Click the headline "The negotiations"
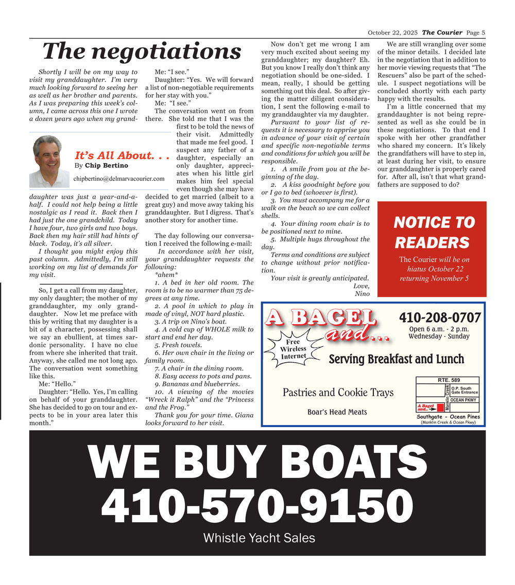[x=142, y=51]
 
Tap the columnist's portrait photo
[x=50, y=159]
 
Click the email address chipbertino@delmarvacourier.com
[x=119, y=179]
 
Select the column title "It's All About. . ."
[x=122, y=155]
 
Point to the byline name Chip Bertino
[x=107, y=166]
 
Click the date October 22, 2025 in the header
[x=392, y=33]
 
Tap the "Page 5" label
[x=476, y=33]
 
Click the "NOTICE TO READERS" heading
[x=434, y=233]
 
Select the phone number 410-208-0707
[x=440, y=317]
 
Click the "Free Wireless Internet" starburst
[x=293, y=349]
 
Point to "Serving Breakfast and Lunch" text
[x=396, y=359]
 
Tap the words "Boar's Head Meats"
[x=337, y=412]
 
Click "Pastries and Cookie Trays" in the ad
[x=338, y=393]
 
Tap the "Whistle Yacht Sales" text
[x=259, y=538]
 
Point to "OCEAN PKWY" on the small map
[x=463, y=400]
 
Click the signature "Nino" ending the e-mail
[x=362, y=294]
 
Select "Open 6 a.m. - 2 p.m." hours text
[x=439, y=329]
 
